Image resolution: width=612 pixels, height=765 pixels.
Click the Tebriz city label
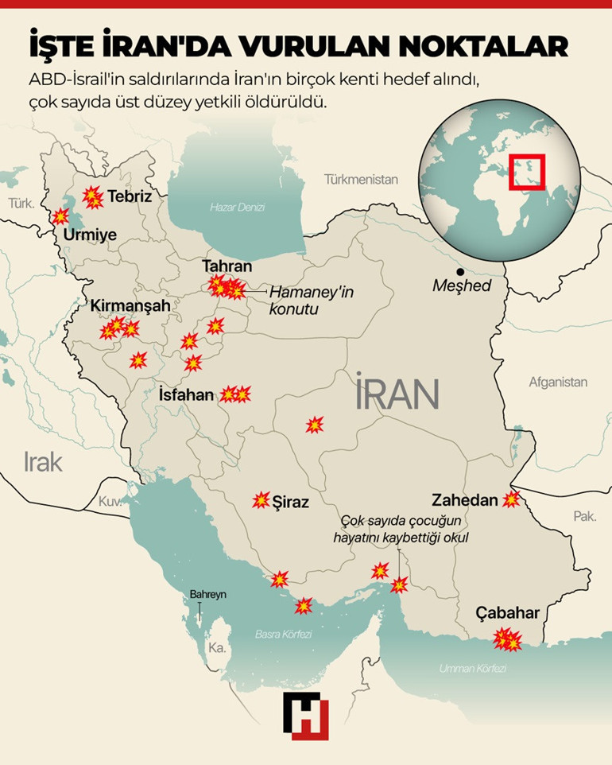[129, 196]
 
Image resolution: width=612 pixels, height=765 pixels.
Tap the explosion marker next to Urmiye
[60, 216]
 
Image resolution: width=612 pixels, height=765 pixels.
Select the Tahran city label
[227, 266]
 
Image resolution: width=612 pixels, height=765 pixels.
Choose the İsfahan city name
[186, 394]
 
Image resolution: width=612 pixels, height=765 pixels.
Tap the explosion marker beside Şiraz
[261, 500]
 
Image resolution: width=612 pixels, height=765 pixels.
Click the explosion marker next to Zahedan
[510, 499]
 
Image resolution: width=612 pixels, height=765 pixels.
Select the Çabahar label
[507, 613]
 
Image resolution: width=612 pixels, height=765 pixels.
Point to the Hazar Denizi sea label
[237, 207]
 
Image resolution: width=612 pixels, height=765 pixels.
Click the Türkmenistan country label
[361, 179]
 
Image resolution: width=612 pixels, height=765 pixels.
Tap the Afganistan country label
[558, 382]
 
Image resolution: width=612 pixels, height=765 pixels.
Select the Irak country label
[43, 461]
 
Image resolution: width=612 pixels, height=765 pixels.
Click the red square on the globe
[526, 171]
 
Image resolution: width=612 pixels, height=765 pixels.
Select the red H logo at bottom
[305, 714]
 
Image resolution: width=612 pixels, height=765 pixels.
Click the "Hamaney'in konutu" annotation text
[311, 301]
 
